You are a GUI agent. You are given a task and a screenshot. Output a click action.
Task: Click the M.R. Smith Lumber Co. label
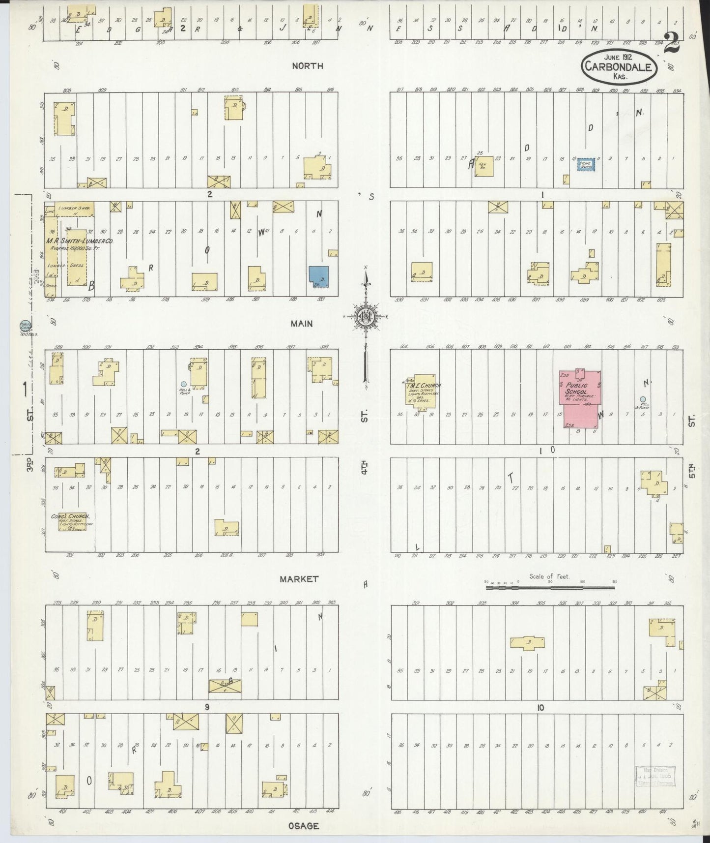(x=80, y=241)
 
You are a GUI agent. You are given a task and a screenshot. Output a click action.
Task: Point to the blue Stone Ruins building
(x=586, y=165)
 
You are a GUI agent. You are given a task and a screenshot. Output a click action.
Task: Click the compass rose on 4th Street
(x=366, y=317)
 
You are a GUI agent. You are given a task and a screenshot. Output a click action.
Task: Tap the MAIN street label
(x=302, y=324)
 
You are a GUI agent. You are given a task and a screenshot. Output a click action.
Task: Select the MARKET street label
(x=299, y=579)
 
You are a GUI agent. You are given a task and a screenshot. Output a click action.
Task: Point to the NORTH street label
(x=307, y=66)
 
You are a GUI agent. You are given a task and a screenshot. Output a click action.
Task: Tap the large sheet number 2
(x=671, y=43)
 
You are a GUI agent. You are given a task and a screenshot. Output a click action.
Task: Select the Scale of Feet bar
(x=550, y=587)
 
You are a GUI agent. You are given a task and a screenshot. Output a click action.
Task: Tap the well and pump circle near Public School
(x=642, y=399)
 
